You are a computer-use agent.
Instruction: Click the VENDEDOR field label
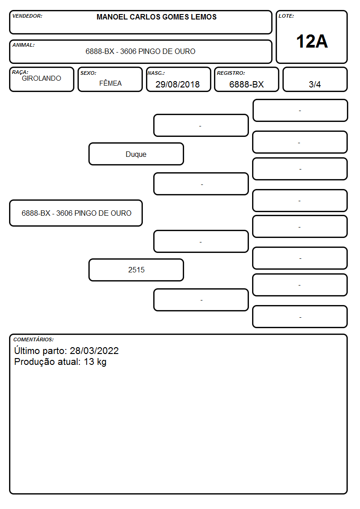(x=27, y=16)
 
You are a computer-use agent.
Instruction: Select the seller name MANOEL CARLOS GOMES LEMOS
(x=156, y=17)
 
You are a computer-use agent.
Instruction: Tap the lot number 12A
(x=312, y=42)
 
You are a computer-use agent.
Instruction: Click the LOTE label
(x=286, y=16)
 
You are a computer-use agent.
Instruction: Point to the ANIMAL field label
(x=24, y=45)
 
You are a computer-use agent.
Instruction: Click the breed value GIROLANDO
(x=41, y=78)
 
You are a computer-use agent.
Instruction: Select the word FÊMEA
(x=110, y=83)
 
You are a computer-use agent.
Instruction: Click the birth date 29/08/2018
(x=178, y=84)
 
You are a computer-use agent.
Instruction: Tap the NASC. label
(x=156, y=73)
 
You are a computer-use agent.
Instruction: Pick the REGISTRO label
(x=231, y=73)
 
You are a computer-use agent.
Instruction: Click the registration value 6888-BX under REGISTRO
(x=246, y=84)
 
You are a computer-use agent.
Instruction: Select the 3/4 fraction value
(x=315, y=84)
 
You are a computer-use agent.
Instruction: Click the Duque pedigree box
(x=136, y=154)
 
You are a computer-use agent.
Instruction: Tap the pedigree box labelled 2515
(x=136, y=270)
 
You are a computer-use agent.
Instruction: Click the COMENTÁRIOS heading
(x=34, y=339)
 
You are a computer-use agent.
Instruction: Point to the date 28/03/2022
(x=94, y=351)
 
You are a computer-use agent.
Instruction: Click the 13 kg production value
(x=95, y=362)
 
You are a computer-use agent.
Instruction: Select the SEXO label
(x=88, y=73)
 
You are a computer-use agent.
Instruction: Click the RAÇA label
(x=20, y=73)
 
